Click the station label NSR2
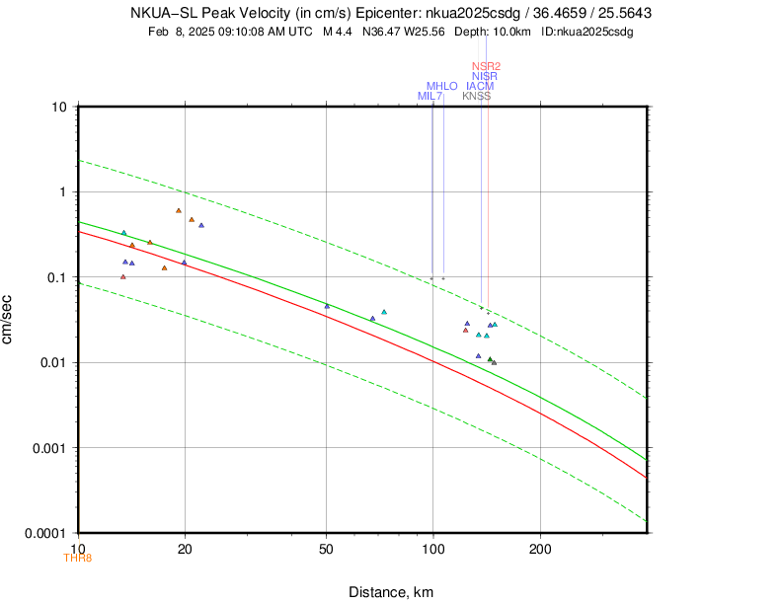[487, 66]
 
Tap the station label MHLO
[441, 86]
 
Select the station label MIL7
[430, 96]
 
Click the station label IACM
[480, 86]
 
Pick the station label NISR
[485, 76]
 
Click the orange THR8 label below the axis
[77, 558]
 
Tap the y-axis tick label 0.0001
[45, 533]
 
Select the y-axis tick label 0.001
[48, 448]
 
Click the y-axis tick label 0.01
[52, 362]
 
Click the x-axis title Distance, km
[391, 591]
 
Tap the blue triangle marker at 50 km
[327, 306]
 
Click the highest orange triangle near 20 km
[179, 210]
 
